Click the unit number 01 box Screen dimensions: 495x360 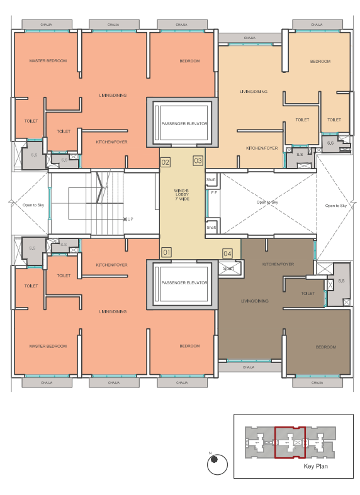pos(166,252)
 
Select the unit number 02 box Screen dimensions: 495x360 pos(166,162)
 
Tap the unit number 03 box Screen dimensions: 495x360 pos(198,161)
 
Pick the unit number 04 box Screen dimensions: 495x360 pos(227,253)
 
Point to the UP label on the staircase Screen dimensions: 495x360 pos(130,219)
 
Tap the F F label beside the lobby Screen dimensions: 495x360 pos(213,192)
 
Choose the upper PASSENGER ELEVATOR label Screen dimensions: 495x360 pos(184,123)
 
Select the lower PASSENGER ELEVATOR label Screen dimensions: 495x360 pos(184,284)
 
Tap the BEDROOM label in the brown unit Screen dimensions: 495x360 pos(325,347)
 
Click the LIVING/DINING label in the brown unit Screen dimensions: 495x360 pos(254,301)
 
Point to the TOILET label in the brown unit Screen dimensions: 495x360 pos(307,293)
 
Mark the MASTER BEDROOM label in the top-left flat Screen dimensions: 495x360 pos(48,61)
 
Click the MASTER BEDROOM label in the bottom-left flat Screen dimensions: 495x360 pos(48,346)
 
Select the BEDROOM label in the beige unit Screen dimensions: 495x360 pos(320,61)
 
